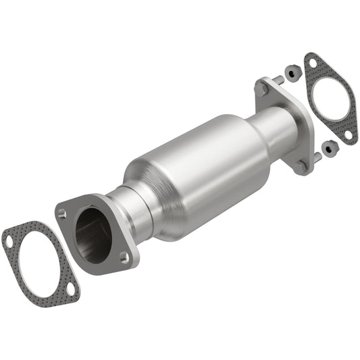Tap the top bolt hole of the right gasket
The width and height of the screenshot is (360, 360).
(311, 65)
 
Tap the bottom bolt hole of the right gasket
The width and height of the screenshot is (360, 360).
(347, 134)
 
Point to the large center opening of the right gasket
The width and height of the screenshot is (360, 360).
(330, 99)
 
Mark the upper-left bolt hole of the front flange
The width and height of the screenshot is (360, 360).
(63, 213)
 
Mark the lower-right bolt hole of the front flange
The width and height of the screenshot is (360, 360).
(124, 256)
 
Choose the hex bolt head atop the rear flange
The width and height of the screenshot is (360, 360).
(262, 86)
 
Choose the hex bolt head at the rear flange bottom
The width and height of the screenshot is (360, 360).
(302, 164)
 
